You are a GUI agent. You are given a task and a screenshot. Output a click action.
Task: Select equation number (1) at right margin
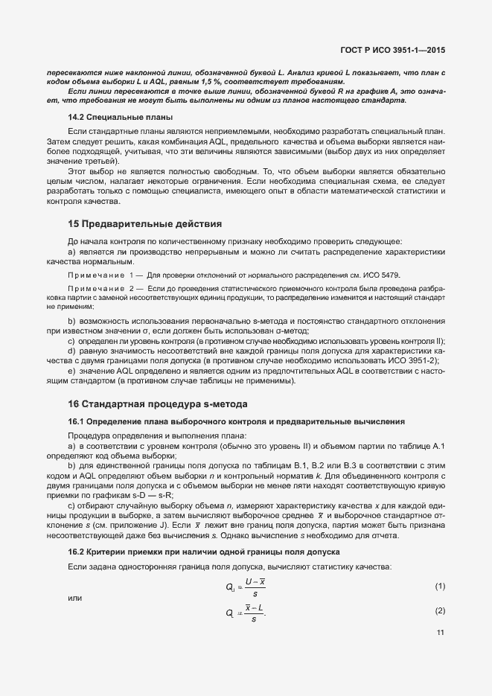(x=440, y=587)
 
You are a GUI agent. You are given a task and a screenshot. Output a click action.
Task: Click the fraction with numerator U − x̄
(x=255, y=587)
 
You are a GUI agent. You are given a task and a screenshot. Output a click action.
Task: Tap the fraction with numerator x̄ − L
(x=255, y=612)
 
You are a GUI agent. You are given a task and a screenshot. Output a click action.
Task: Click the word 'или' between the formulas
(x=74, y=599)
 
